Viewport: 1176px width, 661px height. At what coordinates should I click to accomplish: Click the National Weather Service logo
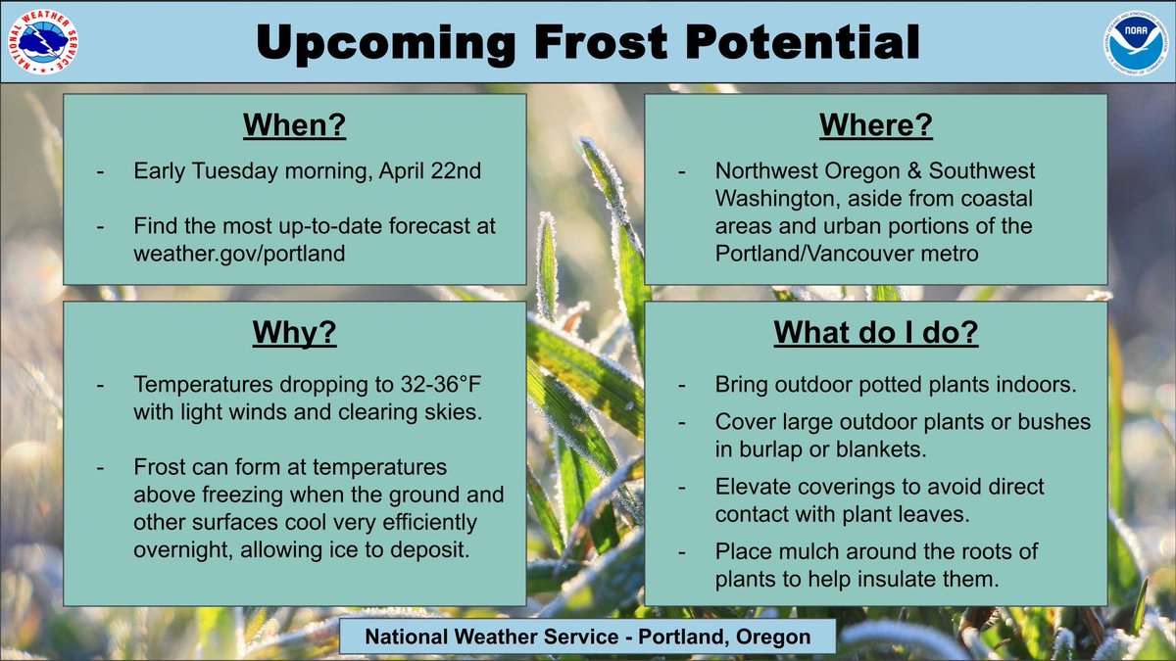coord(41,41)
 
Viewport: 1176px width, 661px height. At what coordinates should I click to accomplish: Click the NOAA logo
coord(1134,41)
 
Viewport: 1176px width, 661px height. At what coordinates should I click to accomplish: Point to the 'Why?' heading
coord(294,333)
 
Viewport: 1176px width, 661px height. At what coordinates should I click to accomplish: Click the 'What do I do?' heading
coord(876,333)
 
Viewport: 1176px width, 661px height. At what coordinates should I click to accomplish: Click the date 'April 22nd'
coord(433,170)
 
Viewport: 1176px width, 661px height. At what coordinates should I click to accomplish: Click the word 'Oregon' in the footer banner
coord(774,637)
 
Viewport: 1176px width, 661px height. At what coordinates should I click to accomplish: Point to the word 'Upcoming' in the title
coord(381,42)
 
